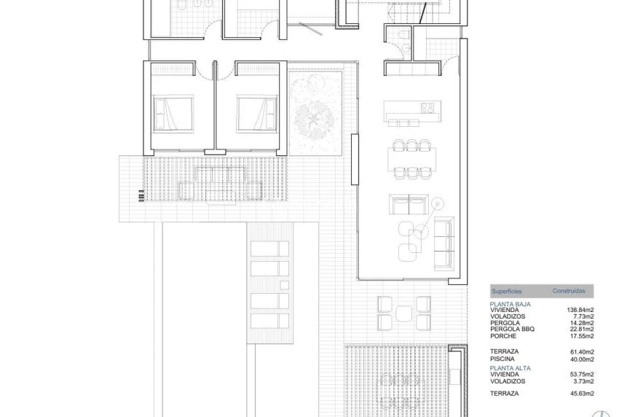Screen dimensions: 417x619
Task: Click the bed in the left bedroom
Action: pyautogui.click(x=173, y=114)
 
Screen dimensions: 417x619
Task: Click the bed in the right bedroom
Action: pyautogui.click(x=257, y=114)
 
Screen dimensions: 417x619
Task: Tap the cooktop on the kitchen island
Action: pyautogui.click(x=427, y=109)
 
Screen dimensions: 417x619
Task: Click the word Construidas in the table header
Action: pyautogui.click(x=568, y=290)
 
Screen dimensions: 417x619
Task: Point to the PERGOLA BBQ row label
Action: pyautogui.click(x=512, y=329)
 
